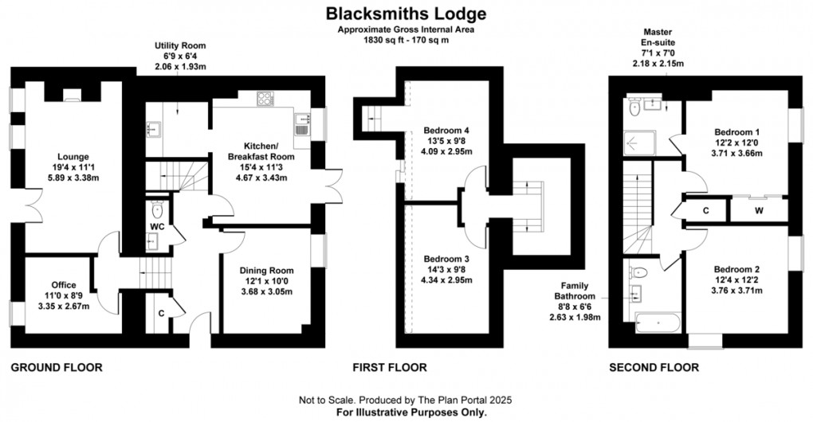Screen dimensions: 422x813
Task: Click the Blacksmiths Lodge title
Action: pos(406,14)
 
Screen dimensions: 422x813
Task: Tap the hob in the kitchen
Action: pos(266,99)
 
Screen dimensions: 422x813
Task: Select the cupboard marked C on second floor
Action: pos(706,210)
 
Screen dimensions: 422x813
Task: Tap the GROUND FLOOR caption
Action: pos(57,368)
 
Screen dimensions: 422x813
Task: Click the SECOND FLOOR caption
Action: pos(654,368)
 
